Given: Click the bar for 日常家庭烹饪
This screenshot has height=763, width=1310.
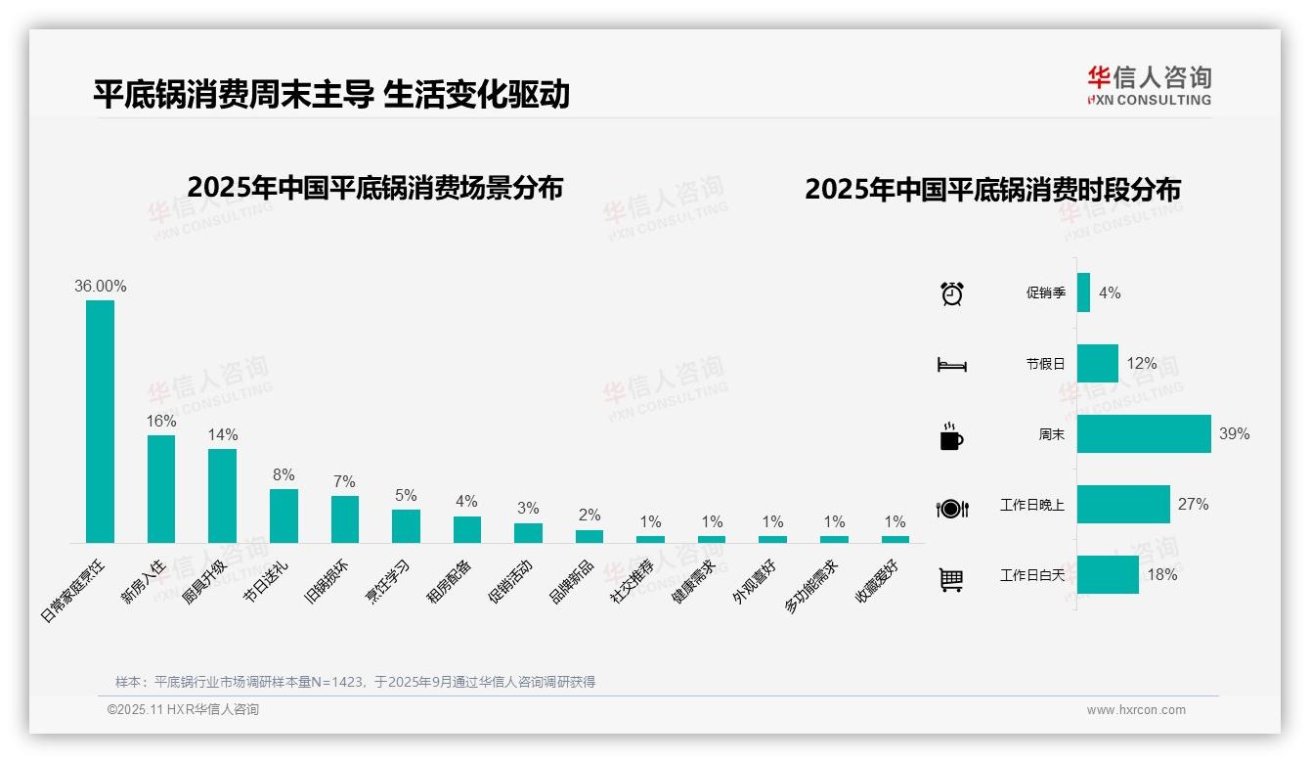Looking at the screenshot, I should click(100, 421).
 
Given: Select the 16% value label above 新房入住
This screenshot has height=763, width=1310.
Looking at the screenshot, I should click(161, 422).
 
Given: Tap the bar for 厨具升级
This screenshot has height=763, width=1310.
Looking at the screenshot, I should click(222, 495).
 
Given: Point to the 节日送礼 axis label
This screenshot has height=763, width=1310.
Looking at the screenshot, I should click(266, 582).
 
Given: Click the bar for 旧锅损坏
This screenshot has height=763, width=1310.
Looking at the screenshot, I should click(344, 518).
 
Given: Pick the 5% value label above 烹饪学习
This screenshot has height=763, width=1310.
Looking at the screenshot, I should click(406, 496).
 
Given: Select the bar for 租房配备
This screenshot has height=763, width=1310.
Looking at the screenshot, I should click(466, 529).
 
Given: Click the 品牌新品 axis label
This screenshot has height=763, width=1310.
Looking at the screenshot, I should click(572, 582).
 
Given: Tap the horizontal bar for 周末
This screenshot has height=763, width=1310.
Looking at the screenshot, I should click(1144, 434).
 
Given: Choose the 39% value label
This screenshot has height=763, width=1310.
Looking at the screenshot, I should click(1234, 434).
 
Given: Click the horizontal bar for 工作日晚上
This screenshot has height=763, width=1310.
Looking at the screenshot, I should click(1123, 505).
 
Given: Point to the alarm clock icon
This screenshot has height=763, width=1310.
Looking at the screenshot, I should click(951, 293).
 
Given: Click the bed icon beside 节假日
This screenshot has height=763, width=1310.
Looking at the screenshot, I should click(951, 365).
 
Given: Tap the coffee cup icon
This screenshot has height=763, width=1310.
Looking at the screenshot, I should click(951, 436).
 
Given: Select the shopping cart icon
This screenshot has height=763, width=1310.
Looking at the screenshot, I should click(951, 579).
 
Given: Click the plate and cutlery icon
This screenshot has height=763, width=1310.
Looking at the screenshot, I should click(951, 508).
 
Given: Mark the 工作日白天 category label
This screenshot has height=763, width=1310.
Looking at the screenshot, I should click(1032, 575).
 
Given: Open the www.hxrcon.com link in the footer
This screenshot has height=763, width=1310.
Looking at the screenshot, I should click(1136, 710).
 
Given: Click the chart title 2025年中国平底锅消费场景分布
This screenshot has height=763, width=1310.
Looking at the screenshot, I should click(374, 188).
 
